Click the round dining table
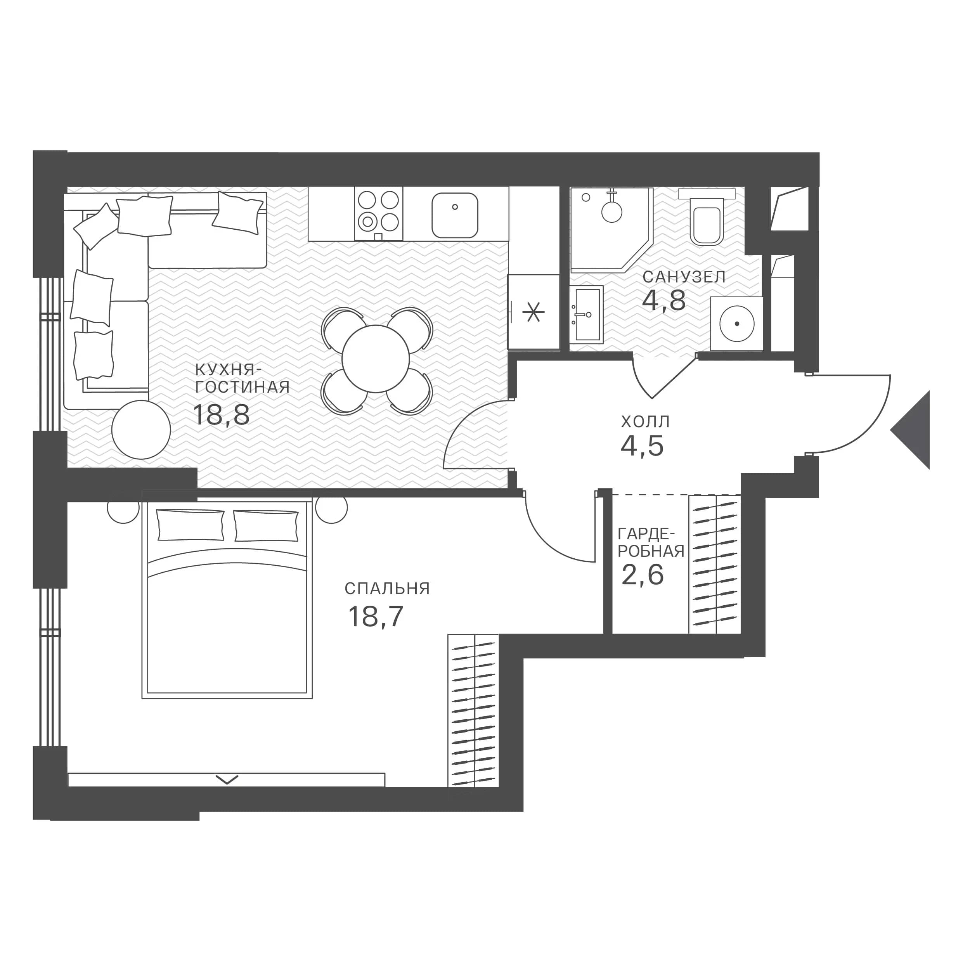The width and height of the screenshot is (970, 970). [x=376, y=359]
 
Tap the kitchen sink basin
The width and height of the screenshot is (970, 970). [x=455, y=215]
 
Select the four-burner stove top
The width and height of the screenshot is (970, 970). [x=379, y=213]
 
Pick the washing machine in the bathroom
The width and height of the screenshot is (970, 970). [x=736, y=323]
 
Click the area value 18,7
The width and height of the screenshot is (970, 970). [x=376, y=617]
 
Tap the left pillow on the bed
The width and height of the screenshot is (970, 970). [x=191, y=525]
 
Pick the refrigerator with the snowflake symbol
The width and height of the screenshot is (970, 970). [x=533, y=312]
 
